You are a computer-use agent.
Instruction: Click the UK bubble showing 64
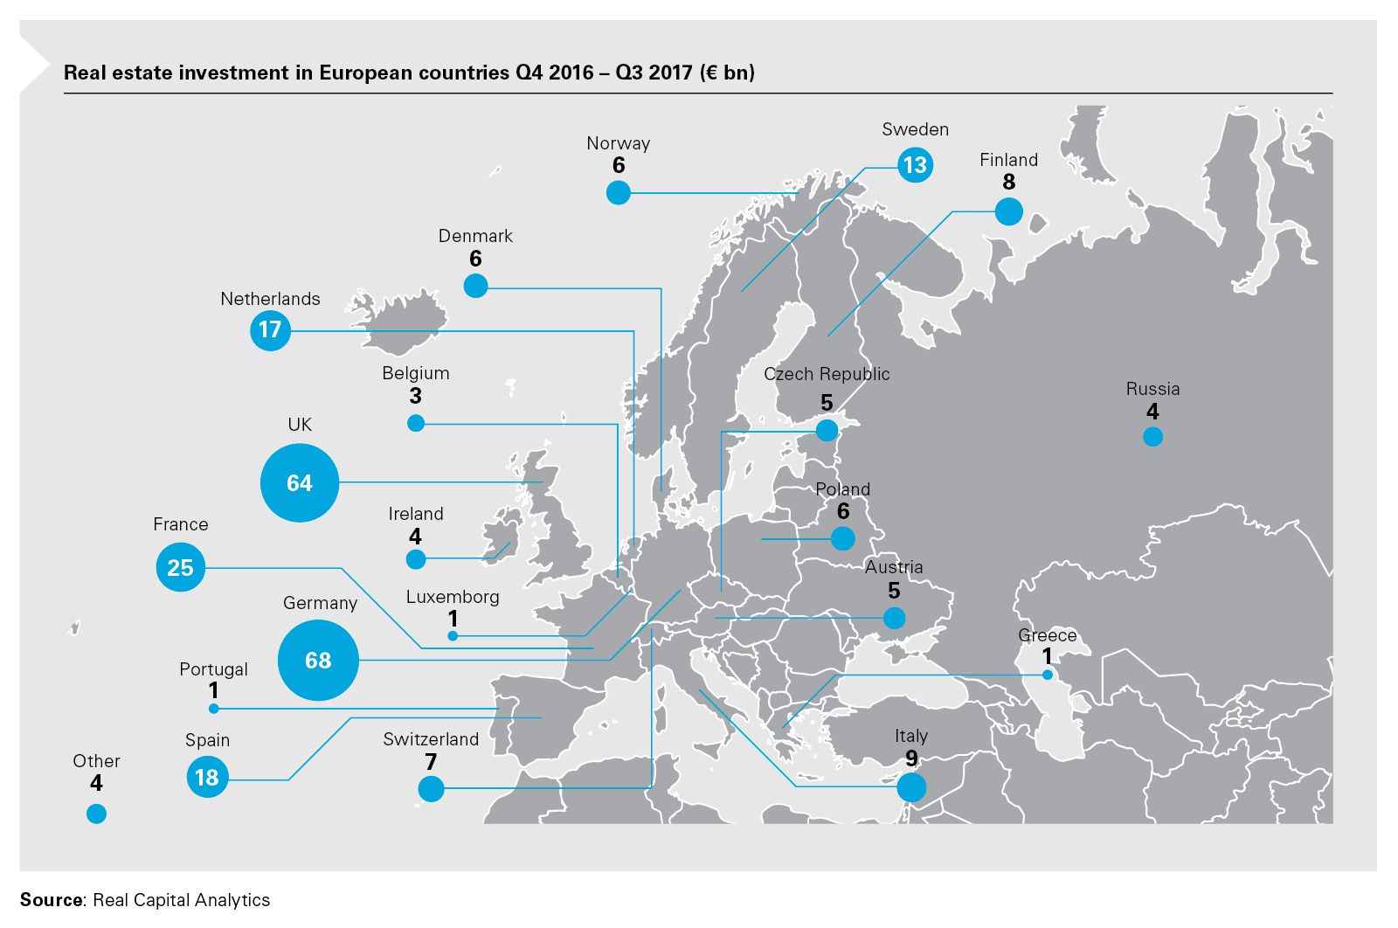coord(300,483)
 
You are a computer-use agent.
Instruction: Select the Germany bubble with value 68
coord(318,661)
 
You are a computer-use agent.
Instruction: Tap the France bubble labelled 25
coord(180,567)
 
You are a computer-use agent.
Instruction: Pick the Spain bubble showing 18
coord(207,777)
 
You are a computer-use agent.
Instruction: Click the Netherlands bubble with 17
coord(270,330)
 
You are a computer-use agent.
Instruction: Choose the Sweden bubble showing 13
coord(915,165)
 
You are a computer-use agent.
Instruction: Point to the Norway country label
coord(618,143)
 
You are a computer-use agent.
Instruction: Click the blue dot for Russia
coord(1152,437)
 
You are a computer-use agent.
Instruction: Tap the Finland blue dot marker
coord(1008,211)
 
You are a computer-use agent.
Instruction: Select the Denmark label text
coord(475,236)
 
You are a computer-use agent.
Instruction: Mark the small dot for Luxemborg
coord(453,636)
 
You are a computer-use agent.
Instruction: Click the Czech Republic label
coord(827,374)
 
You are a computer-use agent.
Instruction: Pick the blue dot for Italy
coord(911,787)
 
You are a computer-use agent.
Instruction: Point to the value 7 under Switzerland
coord(431,762)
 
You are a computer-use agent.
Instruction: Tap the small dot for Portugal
coord(213,709)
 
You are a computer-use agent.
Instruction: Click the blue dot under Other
coord(96,814)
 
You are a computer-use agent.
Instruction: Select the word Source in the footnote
coord(52,900)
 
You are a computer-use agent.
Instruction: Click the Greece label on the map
coord(1047,635)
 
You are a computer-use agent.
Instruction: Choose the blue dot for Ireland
coord(416,559)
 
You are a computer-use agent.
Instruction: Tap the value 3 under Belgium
coord(416,396)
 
